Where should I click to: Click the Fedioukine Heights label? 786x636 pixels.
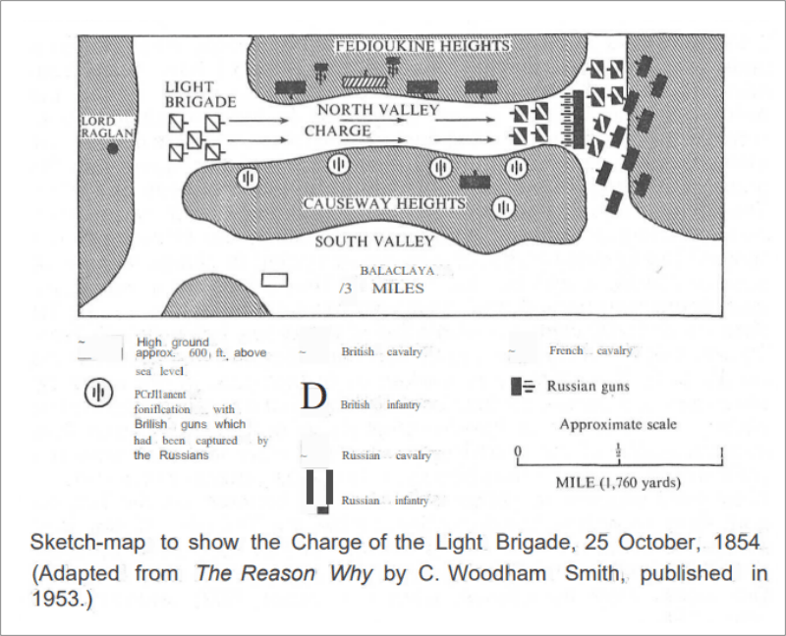[422, 46]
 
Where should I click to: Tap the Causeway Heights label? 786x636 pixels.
[383, 204]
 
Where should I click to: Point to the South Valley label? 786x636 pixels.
[374, 241]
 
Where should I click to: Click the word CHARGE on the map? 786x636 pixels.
[337, 131]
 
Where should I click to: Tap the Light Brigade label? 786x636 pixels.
[200, 94]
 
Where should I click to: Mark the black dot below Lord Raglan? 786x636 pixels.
[113, 148]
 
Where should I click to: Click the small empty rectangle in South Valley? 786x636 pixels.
[275, 280]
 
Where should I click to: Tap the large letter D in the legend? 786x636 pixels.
[313, 397]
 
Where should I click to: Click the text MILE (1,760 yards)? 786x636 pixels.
[618, 483]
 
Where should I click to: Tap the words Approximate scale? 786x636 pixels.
[618, 425]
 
